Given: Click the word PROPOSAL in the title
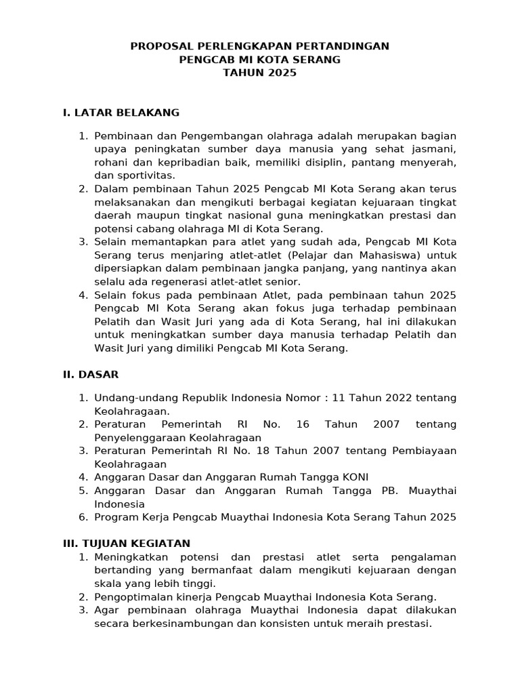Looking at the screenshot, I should coord(160,46).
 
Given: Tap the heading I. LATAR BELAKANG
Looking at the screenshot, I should coord(121,112).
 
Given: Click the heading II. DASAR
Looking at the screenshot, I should coord(91,373).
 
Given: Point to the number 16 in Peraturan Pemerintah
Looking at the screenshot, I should coord(303,424).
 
